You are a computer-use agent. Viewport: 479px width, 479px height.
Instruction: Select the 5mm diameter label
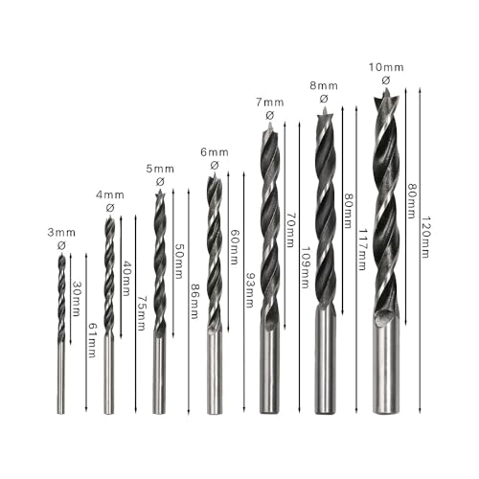[x=160, y=169]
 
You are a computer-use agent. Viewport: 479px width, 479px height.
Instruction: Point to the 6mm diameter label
[x=215, y=151]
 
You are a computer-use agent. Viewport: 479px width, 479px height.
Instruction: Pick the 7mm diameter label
[x=270, y=103]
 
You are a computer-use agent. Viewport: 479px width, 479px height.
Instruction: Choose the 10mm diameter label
[x=385, y=67]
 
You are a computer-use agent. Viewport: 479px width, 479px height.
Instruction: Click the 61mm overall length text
[x=92, y=340]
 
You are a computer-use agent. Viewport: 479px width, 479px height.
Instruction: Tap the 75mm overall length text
[x=141, y=312]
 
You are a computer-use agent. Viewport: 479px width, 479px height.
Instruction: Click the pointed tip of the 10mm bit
[x=386, y=94]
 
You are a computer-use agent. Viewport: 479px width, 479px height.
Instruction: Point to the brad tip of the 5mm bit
[x=159, y=195]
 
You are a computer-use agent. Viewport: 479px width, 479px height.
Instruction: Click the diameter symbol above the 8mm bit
[x=324, y=98]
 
